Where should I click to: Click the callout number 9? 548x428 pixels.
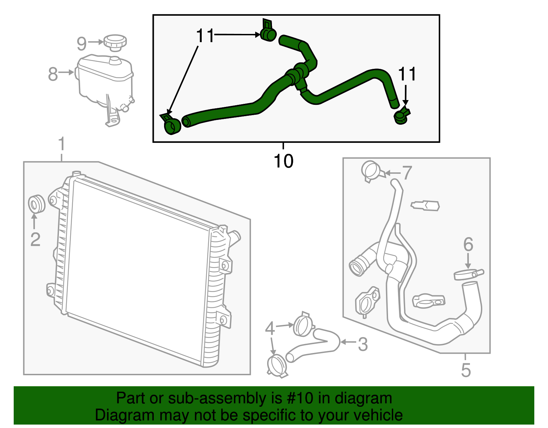tap(82, 44)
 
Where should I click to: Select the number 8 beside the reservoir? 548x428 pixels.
tap(53, 74)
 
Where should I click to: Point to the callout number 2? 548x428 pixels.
tap(35, 239)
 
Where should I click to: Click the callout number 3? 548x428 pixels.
tap(363, 344)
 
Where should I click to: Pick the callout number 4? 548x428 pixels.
tap(270, 329)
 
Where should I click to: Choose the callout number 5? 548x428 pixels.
tap(466, 370)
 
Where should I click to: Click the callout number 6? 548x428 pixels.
tap(468, 244)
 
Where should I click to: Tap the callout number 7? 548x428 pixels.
tap(407, 173)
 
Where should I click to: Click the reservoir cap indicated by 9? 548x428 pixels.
tap(115, 42)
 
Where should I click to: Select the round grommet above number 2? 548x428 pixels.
tap(36, 204)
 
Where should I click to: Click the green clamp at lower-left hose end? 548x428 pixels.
tap(171, 124)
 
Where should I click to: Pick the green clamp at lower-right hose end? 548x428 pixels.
tap(401, 116)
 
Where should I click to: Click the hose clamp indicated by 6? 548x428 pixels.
tap(468, 274)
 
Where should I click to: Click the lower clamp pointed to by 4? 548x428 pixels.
tap(277, 366)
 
